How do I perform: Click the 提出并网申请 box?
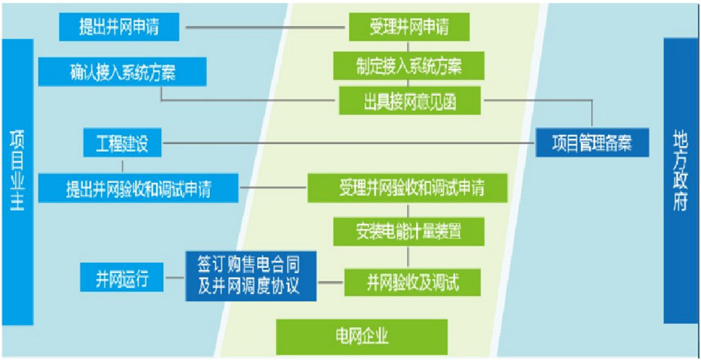tap(119, 27)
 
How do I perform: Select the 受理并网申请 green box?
tap(409, 27)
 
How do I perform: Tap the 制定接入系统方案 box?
tap(409, 66)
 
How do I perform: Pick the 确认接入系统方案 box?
tap(122, 71)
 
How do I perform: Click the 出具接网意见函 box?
tap(409, 100)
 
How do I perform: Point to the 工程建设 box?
tap(122, 142)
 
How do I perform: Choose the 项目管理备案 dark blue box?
tap(592, 142)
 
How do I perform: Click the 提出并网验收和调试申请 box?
tap(138, 188)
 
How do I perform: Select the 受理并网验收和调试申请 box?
tap(407, 188)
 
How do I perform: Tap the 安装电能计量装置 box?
tap(409, 232)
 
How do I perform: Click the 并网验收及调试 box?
tap(412, 282)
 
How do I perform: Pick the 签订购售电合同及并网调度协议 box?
tap(251, 276)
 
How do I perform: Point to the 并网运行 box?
tap(121, 277)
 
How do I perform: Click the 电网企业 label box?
tap(362, 337)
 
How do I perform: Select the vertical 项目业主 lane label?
tap(17, 182)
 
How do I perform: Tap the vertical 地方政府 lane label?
tap(681, 181)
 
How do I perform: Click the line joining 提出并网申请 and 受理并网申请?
tap(265, 27)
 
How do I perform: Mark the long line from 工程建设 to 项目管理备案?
tap(349, 143)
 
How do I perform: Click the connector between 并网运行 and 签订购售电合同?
tap(175, 277)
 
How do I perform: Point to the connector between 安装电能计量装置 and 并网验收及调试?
tap(408, 257)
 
